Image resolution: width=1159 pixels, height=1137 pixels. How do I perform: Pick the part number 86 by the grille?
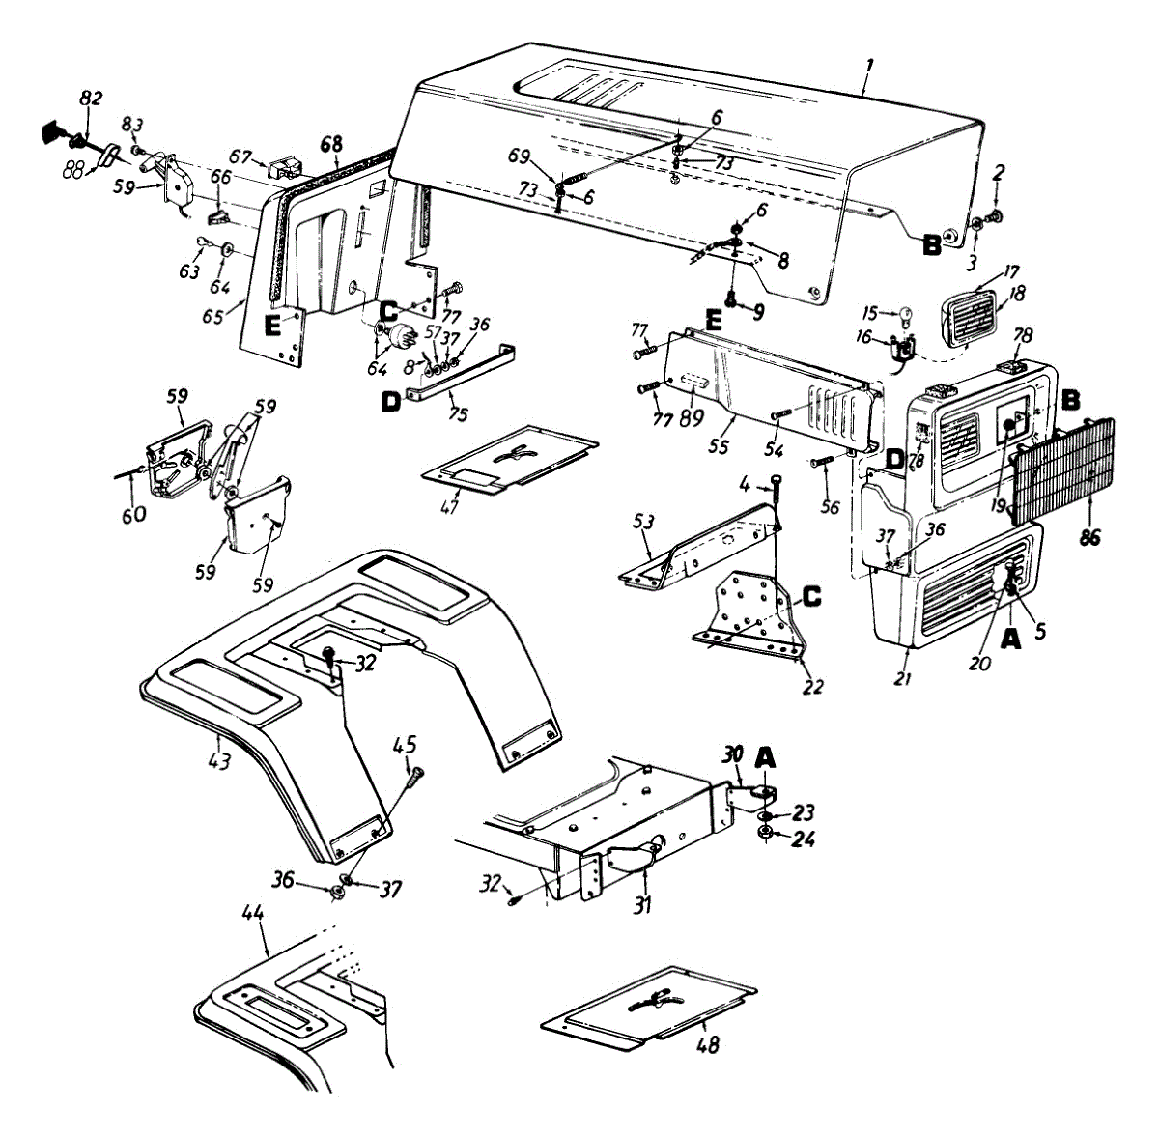pos(1089,538)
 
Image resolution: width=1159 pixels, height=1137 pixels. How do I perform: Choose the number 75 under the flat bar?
pos(458,415)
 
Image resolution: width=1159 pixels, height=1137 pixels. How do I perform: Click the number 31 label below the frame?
pos(642,905)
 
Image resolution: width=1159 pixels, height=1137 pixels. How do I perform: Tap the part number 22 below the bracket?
pos(813,687)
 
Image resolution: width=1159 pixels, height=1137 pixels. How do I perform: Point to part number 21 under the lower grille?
pos(902,679)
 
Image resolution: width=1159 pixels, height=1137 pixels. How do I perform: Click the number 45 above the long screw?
pos(405,744)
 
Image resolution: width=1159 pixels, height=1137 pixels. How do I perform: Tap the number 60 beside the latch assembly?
pos(133,515)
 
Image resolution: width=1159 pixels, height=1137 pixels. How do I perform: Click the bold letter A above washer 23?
pos(764,760)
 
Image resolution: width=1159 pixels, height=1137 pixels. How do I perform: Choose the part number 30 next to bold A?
pos(733,753)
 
